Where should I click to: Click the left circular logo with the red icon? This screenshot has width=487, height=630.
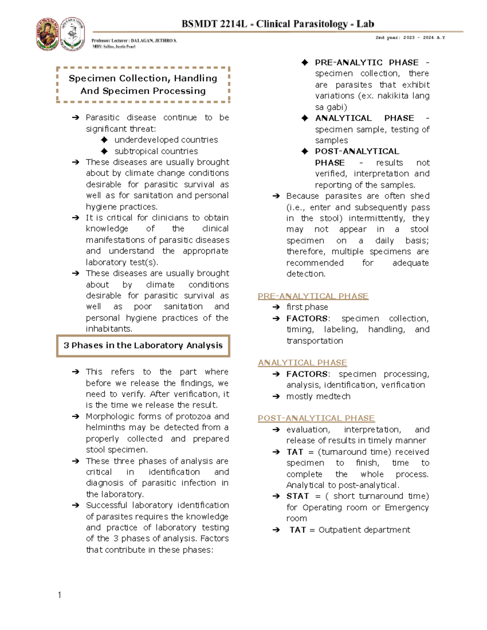click(x=47, y=34)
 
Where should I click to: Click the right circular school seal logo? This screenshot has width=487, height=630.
click(x=73, y=34)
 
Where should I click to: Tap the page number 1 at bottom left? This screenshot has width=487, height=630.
click(x=60, y=595)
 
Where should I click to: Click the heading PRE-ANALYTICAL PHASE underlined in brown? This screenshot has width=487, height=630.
click(x=313, y=296)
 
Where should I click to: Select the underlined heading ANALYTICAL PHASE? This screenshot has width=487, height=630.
click(x=302, y=363)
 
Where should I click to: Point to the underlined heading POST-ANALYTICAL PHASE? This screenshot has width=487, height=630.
click(x=316, y=418)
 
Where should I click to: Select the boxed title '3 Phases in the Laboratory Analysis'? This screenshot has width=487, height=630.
click(x=143, y=346)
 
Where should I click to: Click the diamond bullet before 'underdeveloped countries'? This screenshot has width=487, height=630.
click(x=104, y=140)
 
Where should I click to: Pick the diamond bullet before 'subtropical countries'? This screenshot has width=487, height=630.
click(x=104, y=151)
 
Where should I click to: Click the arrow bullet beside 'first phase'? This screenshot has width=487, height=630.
click(x=276, y=307)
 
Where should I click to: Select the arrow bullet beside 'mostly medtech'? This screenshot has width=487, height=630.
click(x=276, y=396)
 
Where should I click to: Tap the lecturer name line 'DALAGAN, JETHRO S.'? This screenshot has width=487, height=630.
click(x=154, y=41)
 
